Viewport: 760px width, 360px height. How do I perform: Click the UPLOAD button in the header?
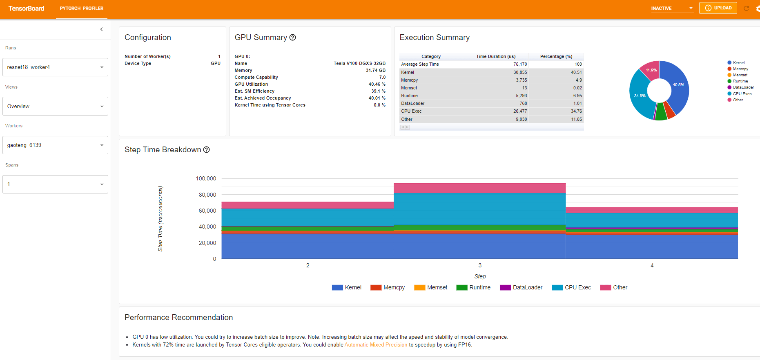coord(718,8)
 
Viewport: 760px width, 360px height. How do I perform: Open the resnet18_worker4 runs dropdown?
coord(55,67)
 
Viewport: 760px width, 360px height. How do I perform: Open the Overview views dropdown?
coord(55,106)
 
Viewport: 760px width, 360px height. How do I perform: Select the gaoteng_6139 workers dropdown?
coord(55,145)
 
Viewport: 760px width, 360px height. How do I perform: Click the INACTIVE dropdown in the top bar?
coord(672,8)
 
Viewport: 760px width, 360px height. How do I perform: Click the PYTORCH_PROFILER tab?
coord(82,8)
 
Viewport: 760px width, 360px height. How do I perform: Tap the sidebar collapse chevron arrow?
coord(101,29)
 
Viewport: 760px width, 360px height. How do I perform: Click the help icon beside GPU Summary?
coord(293,38)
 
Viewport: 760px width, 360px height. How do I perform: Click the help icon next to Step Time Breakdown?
coord(207,150)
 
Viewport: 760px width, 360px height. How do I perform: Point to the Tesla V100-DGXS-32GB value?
coord(359,63)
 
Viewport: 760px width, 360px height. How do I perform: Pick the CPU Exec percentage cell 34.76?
coord(576,111)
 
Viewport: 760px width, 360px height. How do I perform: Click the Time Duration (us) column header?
coord(496,56)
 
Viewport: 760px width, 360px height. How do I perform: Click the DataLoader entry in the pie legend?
coord(743,87)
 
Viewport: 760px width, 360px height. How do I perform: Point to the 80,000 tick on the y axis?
coord(207,195)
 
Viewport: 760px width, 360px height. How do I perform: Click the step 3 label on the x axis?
coord(480,265)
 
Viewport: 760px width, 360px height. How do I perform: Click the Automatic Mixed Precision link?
coord(376,345)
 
